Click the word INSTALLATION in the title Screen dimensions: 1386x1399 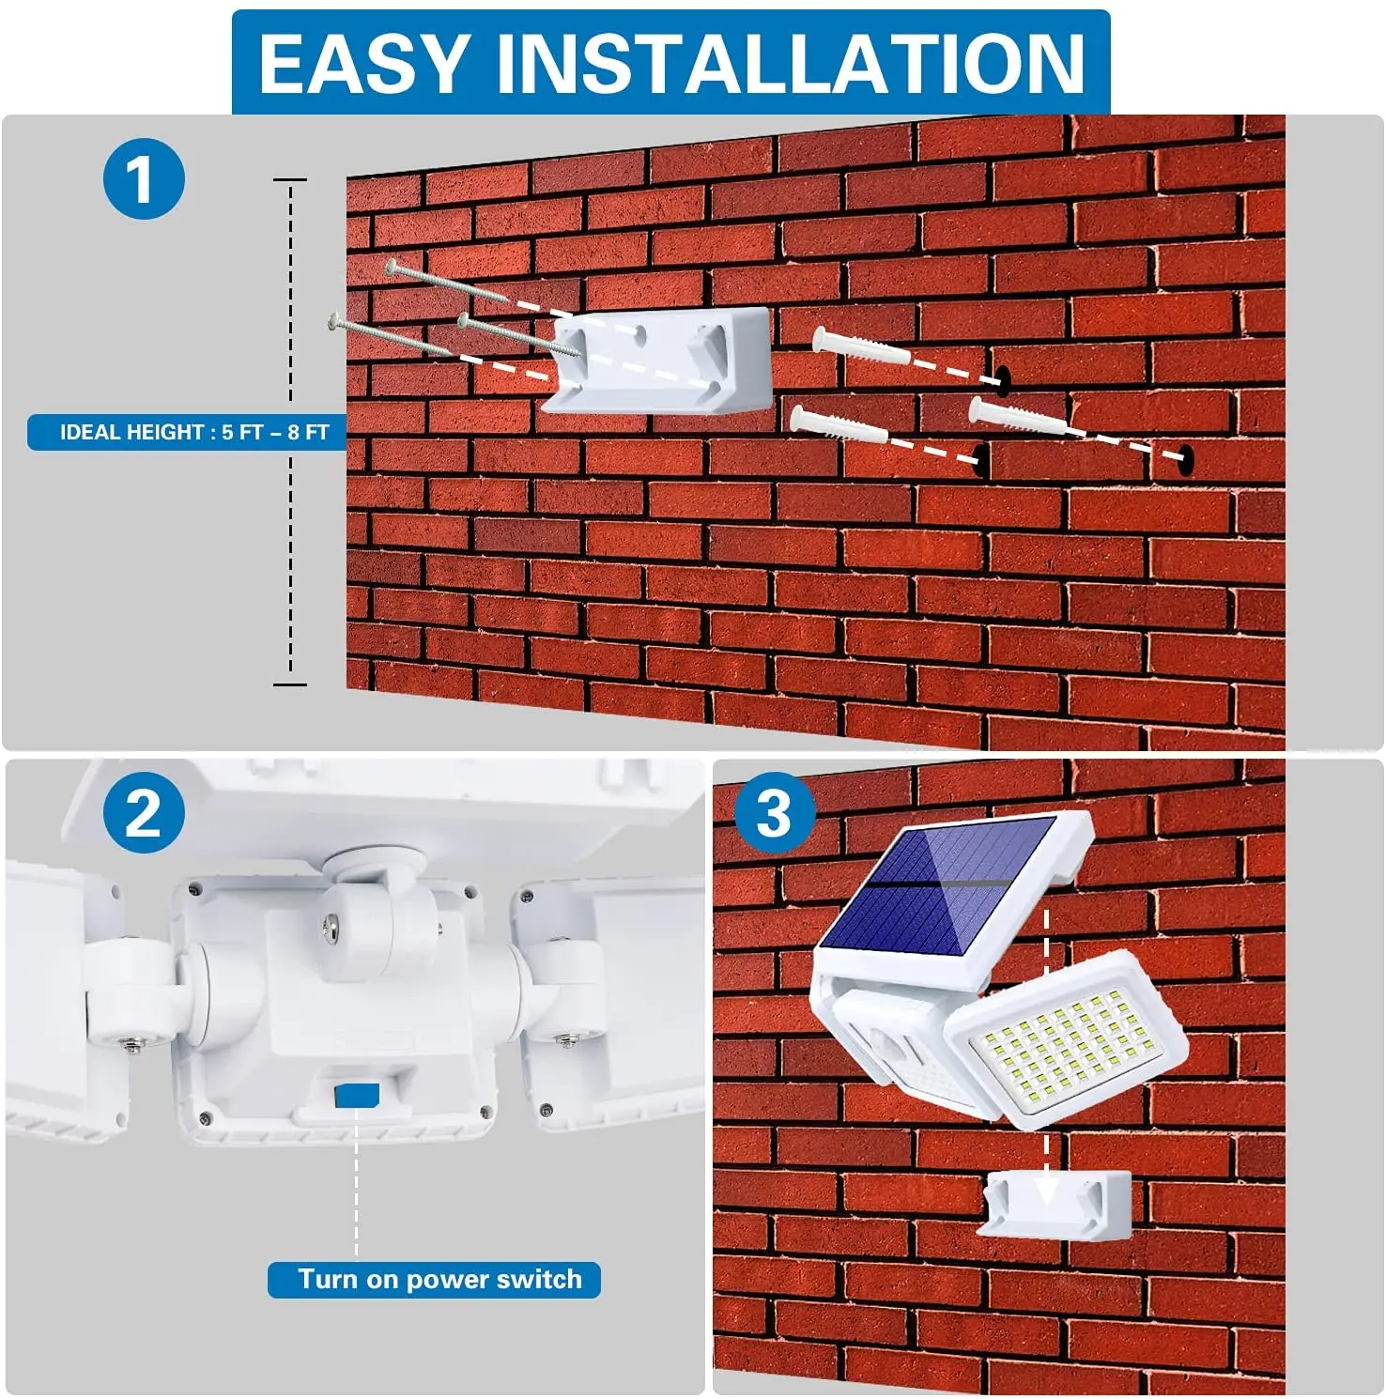pos(791,63)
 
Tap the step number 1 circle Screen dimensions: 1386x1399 pos(143,178)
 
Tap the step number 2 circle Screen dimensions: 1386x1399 pos(143,813)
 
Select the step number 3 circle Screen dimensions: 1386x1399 pos(774,813)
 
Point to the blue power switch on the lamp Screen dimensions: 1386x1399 pos(357,1095)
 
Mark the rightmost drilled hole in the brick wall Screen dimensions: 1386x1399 pos(1185,458)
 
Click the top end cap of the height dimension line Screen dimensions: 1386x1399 pos(290,178)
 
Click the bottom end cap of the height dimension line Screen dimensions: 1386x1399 pos(290,684)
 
